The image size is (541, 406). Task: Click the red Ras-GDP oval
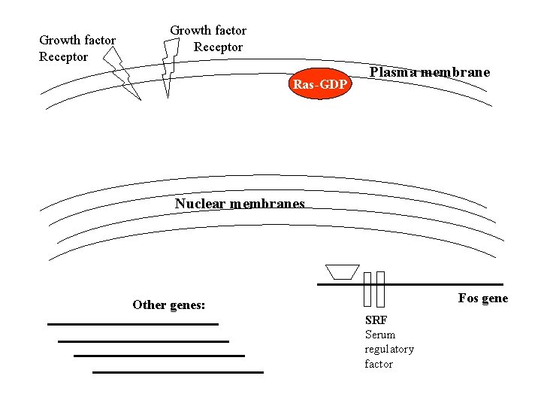(320, 83)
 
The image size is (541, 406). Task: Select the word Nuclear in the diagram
(200, 203)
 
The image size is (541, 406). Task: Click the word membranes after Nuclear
(267, 203)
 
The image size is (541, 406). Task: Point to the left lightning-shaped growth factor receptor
(122, 74)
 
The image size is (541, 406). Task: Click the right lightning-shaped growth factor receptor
(170, 68)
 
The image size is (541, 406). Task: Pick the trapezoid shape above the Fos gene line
(343, 272)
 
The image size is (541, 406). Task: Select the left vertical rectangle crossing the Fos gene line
(367, 289)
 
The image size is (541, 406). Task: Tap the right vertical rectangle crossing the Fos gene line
(380, 289)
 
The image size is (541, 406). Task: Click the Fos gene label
(483, 298)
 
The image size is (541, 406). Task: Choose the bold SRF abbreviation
(376, 320)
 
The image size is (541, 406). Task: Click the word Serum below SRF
(380, 335)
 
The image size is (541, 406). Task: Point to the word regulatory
(389, 350)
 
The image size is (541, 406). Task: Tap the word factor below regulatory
(379, 364)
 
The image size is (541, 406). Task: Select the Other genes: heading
(169, 304)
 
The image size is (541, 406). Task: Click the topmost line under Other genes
(133, 325)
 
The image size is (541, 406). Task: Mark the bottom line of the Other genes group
(178, 372)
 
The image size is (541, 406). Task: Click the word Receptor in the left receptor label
(63, 56)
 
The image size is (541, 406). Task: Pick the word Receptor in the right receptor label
(218, 47)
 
